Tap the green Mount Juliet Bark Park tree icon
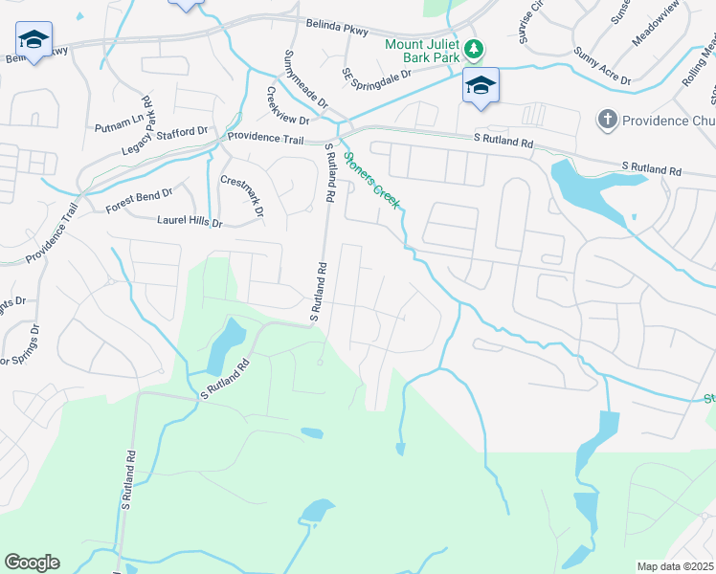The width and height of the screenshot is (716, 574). point(472,48)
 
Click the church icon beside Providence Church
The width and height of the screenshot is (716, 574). point(606,120)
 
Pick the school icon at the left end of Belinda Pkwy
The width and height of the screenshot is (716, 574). point(34,40)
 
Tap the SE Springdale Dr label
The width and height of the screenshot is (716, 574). point(377,74)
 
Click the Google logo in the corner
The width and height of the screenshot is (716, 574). point(32,563)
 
